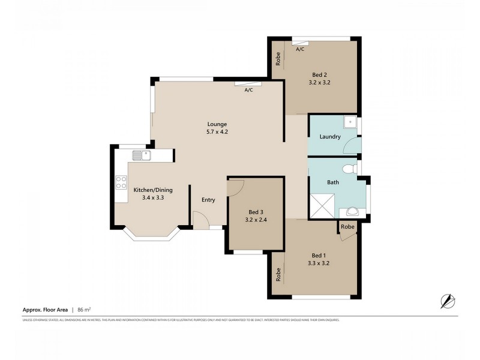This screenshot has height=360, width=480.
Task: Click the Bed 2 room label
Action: pyautogui.click(x=319, y=74)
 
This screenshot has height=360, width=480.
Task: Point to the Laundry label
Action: pyautogui.click(x=330, y=137)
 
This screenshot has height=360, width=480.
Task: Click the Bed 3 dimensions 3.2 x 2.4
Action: pyautogui.click(x=256, y=220)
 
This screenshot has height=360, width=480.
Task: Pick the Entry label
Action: pyautogui.click(x=208, y=200)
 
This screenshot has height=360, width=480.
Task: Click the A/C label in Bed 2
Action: pyautogui.click(x=300, y=49)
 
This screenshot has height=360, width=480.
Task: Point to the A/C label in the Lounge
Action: pyautogui.click(x=248, y=90)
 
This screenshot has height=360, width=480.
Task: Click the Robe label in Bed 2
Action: pyautogui.click(x=278, y=59)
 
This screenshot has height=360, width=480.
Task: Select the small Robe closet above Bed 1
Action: pyautogui.click(x=347, y=227)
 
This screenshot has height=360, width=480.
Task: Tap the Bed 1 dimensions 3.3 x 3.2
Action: pyautogui.click(x=319, y=262)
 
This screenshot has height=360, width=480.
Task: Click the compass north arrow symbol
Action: pyautogui.click(x=447, y=300)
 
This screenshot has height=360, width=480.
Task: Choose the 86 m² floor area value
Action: pyautogui.click(x=83, y=310)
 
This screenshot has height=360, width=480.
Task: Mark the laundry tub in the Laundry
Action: pyautogui.click(x=350, y=122)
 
